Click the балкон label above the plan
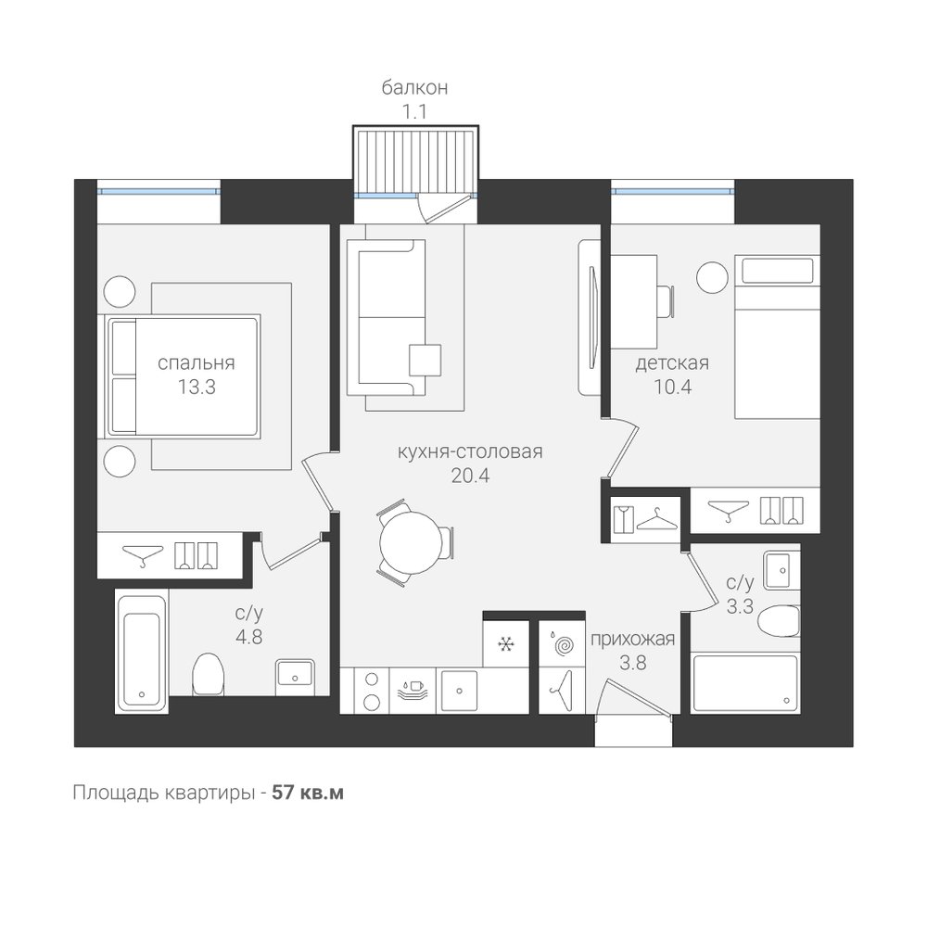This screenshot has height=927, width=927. click(x=414, y=87)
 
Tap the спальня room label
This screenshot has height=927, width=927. click(x=197, y=362)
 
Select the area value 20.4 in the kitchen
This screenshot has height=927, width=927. click(x=470, y=475)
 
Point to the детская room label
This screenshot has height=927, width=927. click(x=672, y=362)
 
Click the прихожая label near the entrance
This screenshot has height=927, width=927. click(x=632, y=639)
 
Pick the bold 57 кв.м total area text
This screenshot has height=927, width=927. click(x=308, y=793)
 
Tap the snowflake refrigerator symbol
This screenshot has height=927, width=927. click(x=505, y=643)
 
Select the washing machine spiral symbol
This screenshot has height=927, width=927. click(x=562, y=644)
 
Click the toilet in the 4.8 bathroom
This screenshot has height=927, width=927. click(x=208, y=673)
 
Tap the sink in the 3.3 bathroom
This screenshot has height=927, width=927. click(x=781, y=570)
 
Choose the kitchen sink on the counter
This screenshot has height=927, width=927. click(x=460, y=690)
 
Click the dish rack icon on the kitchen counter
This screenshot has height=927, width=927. click(x=412, y=690)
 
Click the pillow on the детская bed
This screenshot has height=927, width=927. click(x=778, y=271)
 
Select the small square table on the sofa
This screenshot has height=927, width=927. click(x=425, y=360)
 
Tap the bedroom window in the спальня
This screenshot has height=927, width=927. click(x=159, y=191)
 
